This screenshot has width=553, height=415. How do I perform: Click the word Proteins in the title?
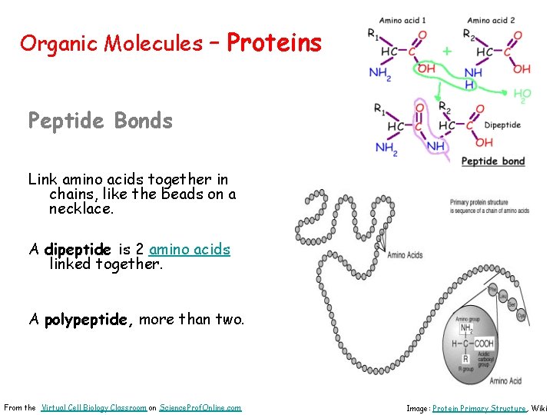[x=274, y=43]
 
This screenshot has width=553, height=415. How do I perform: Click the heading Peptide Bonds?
[x=100, y=121]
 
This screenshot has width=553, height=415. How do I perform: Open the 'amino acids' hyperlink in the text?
[x=190, y=250]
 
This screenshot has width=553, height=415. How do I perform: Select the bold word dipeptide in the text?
[x=78, y=250]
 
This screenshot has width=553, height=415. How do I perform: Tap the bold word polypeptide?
[x=88, y=320]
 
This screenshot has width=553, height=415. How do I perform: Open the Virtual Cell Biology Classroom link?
[x=93, y=407]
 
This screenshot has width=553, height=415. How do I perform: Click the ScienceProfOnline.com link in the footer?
[x=200, y=407]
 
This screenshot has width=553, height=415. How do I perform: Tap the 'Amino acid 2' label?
[x=491, y=20]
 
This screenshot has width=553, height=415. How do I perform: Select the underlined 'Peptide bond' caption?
[x=493, y=161]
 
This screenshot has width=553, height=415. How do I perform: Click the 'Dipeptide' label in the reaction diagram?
[x=502, y=124]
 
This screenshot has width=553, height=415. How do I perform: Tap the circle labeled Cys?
[x=522, y=315]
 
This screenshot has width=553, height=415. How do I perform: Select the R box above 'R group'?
[x=464, y=359]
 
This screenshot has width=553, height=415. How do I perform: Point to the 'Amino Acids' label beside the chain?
[x=405, y=255]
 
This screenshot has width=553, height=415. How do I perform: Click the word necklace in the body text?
[x=80, y=208]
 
